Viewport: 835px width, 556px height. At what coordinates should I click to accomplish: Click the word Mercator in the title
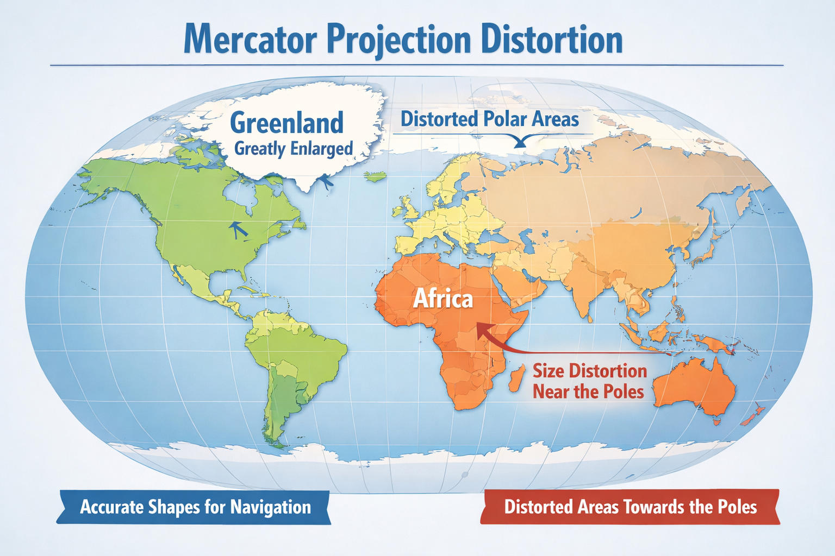250,39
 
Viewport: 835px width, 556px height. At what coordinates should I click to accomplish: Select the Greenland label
286,123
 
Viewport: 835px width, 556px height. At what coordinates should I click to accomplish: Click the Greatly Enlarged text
294,148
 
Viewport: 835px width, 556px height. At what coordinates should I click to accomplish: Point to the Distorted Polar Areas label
489,119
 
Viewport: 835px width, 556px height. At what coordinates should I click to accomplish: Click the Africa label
443,299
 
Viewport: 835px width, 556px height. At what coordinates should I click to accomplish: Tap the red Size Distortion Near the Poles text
589,381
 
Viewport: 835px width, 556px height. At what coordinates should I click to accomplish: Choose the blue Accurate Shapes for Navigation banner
195,507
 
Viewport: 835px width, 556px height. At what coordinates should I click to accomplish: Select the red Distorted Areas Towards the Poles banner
630,507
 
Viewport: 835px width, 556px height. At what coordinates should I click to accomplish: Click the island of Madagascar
517,378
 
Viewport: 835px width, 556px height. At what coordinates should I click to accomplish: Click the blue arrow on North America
237,229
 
